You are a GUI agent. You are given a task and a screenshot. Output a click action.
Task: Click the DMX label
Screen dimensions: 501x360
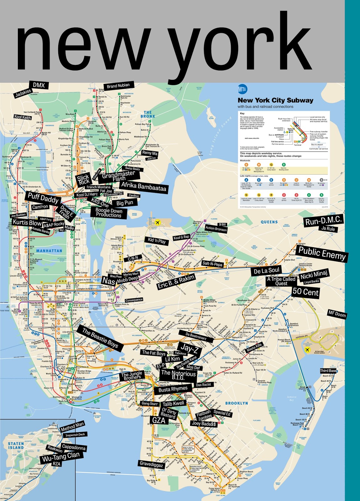pos(39,85)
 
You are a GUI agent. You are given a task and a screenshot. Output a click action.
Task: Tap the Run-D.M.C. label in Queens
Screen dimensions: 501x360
pos(323,221)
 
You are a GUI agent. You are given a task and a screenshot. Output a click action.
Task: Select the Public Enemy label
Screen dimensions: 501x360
pos(322,253)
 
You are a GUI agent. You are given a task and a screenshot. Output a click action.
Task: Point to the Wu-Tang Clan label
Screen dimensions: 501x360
pos(61,457)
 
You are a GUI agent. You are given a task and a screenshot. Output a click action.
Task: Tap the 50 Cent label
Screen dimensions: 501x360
pos(305,292)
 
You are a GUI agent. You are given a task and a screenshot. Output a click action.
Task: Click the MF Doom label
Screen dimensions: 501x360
pos(337,314)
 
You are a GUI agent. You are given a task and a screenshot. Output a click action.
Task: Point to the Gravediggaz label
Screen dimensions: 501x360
pos(152,464)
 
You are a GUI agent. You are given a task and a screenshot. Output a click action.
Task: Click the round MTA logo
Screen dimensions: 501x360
pos(242,89)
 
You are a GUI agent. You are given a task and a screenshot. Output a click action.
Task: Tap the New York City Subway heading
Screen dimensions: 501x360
pos(275,101)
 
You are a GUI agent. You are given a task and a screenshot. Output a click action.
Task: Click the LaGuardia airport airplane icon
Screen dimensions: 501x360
pos(157,222)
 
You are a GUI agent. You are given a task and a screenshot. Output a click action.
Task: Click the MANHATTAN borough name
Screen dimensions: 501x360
pos(49,251)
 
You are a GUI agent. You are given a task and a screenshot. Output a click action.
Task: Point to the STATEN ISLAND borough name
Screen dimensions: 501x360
pos(16,445)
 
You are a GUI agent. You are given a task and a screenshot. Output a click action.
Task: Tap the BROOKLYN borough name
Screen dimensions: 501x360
pos(236,403)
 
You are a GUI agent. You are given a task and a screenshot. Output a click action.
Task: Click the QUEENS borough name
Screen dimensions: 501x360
pos(269,222)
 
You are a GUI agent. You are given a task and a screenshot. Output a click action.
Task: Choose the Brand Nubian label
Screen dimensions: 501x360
pos(118,86)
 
